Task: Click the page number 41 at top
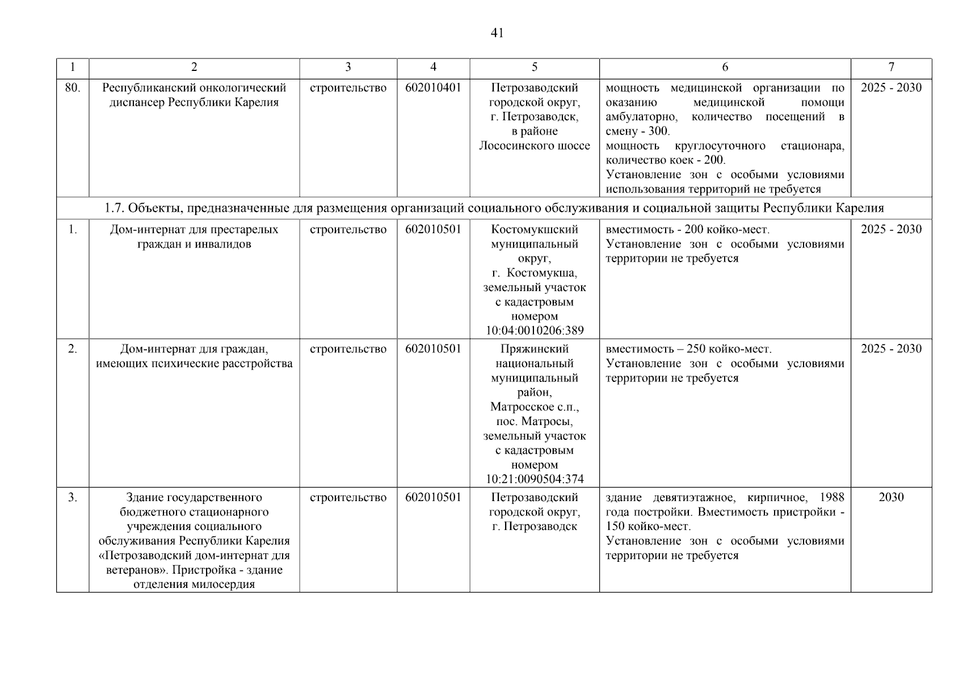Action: coord(497,33)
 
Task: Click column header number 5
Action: coord(535,67)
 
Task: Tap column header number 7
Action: coord(891,67)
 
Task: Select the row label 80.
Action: coord(73,88)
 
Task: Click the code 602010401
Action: coord(433,88)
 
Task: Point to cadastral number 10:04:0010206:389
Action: coord(535,330)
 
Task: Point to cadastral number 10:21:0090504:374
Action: coord(535,479)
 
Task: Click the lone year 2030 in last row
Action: coord(891,497)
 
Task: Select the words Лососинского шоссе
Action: coord(535,146)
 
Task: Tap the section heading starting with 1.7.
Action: coord(494,208)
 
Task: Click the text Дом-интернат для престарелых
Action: coord(194,230)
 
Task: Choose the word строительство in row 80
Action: coord(348,88)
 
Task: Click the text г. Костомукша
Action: coord(535,273)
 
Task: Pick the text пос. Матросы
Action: coord(535,422)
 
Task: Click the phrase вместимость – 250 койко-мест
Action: coord(688,349)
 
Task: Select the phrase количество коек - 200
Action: coord(665,160)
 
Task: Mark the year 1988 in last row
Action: coord(831,498)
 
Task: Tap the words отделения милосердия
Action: coord(194,584)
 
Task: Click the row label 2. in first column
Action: coord(73,349)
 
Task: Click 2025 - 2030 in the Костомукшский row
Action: coord(891,230)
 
